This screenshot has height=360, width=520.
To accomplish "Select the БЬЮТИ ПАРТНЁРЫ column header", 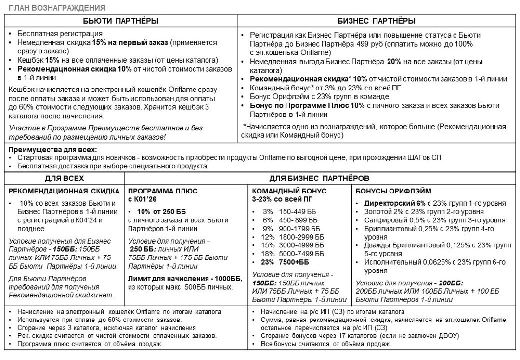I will click(121, 21).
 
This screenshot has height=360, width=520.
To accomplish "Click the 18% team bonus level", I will click(268, 254).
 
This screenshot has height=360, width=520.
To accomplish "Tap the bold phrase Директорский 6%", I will click(388, 203).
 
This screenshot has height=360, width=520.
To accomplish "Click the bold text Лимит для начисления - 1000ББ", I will click(185, 278).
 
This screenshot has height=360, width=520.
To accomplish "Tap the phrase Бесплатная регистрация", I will click(60, 34).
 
